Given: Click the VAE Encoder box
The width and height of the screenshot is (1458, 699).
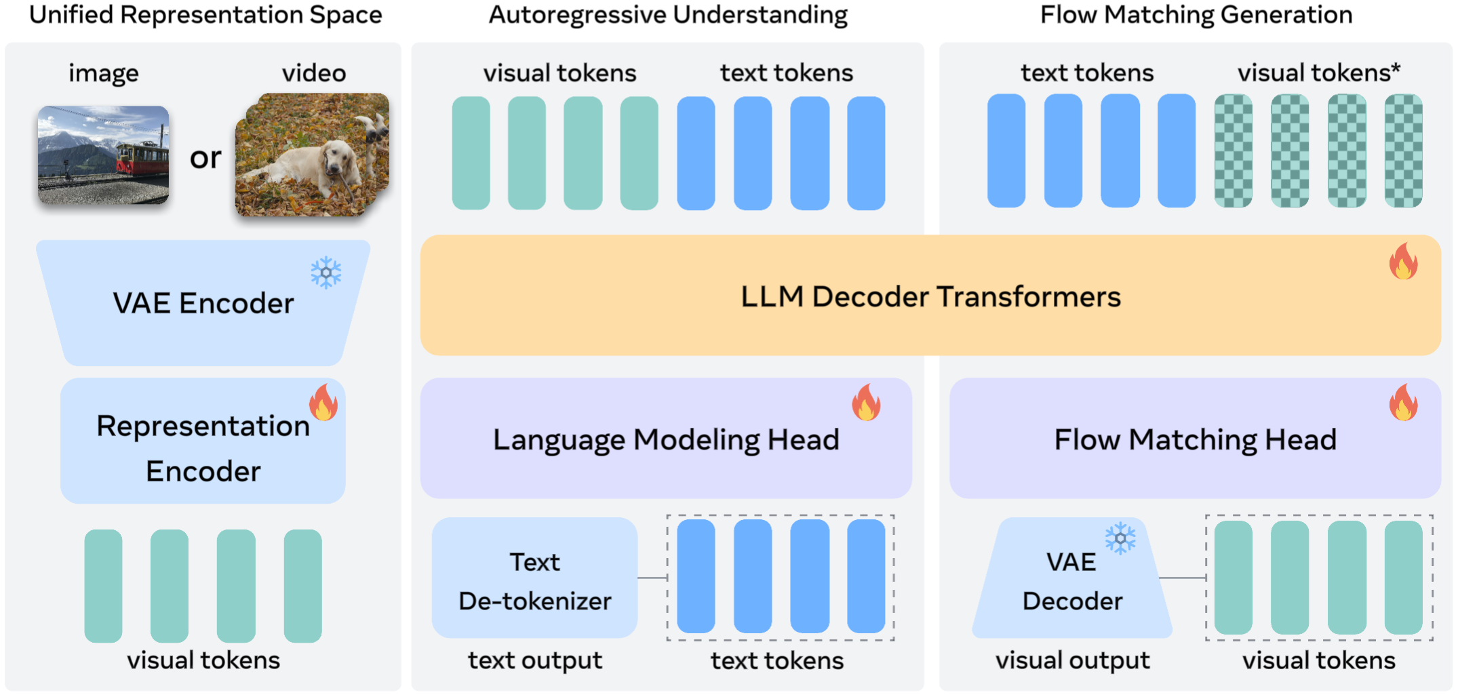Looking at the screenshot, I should click(x=203, y=303).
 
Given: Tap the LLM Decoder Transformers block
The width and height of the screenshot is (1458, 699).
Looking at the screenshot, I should click(x=930, y=296).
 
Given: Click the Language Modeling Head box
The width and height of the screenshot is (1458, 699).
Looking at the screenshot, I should click(x=665, y=439).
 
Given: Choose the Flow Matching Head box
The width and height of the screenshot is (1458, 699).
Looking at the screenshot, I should click(x=1194, y=439).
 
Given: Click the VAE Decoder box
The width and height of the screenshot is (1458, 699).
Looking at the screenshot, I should click(x=1071, y=580).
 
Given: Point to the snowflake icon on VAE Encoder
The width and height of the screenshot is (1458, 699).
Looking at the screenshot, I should click(x=326, y=273).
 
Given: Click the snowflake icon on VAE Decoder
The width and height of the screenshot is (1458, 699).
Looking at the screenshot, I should click(x=1120, y=538).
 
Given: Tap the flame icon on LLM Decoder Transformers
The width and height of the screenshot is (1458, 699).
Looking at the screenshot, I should click(x=1403, y=262).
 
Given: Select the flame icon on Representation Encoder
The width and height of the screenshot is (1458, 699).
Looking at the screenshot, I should click(x=323, y=403).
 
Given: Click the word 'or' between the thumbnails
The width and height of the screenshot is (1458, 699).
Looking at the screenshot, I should click(x=205, y=158).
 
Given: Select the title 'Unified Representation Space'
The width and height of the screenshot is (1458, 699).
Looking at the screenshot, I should click(x=205, y=15).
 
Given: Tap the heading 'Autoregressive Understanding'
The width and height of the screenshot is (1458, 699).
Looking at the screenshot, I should click(x=668, y=15).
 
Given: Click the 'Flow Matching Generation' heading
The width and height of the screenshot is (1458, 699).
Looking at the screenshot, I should click(x=1196, y=15).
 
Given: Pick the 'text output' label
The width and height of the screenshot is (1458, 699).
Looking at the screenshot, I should click(x=534, y=660).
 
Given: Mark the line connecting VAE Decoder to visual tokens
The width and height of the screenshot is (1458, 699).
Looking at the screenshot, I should click(x=1183, y=578).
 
